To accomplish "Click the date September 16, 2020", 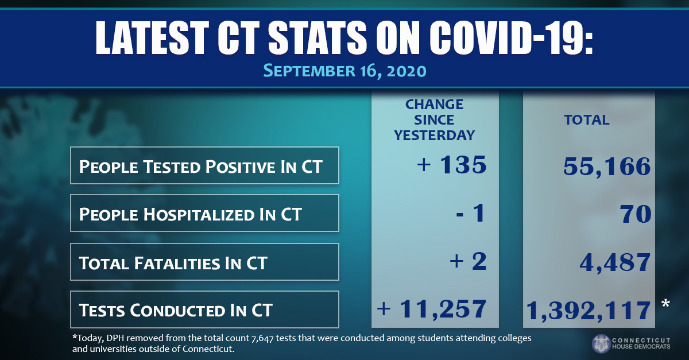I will (x=344, y=71).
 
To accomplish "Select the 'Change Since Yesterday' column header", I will (x=434, y=120).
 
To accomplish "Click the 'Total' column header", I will (x=587, y=121).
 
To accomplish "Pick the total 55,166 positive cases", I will (x=606, y=167).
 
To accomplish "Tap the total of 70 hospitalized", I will (x=634, y=214).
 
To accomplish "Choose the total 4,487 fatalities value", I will (x=615, y=262).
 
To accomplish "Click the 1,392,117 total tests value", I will (x=588, y=311).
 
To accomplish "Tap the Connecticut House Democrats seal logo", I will (x=601, y=343).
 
